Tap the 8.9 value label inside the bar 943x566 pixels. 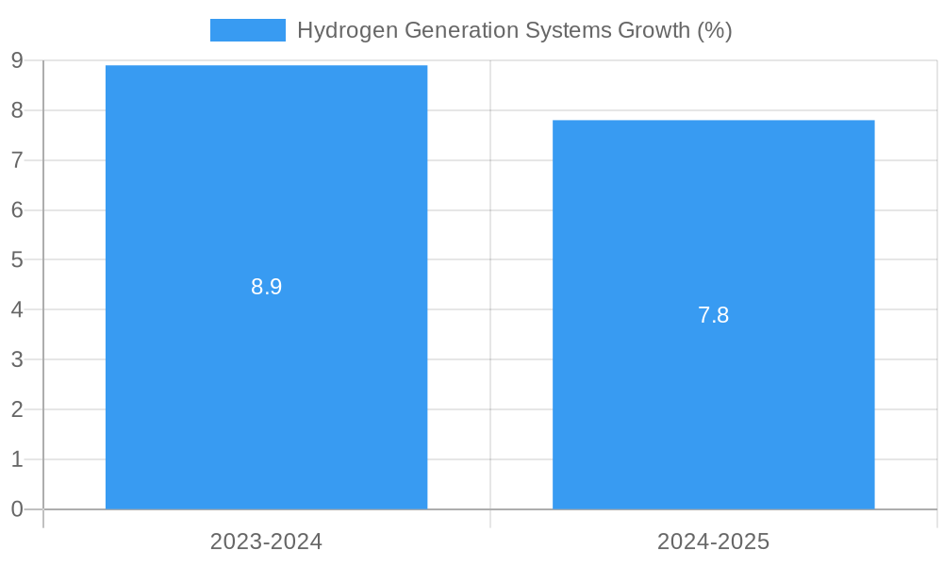pos(266,288)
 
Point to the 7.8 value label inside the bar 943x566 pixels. pos(713,316)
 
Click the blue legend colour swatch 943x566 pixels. pos(247,30)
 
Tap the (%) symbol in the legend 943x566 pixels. pos(714,30)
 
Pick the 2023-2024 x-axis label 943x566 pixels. pos(266,542)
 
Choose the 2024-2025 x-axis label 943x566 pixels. pos(713,542)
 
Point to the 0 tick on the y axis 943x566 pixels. pos(17,509)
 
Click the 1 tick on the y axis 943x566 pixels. pos(17,459)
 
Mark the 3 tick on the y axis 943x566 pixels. pos(17,359)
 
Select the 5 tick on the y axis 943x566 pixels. pos(17,259)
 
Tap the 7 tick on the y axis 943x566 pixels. pos(17,160)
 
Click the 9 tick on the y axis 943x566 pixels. pos(17,60)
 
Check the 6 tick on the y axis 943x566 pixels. pos(17,210)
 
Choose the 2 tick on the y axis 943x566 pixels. pos(17,409)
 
